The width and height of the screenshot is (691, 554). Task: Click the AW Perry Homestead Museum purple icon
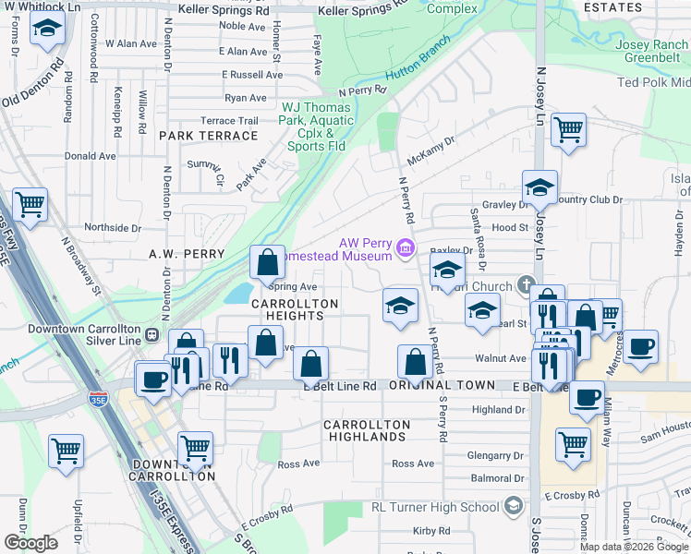tap(405, 247)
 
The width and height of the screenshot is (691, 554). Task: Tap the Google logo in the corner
tap(30, 543)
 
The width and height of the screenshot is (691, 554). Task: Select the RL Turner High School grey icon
tap(514, 506)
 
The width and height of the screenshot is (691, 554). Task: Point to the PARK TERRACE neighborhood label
tap(208, 136)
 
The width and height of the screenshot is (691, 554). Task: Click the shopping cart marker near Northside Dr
tap(30, 205)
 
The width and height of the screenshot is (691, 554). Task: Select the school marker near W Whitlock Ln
tap(46, 30)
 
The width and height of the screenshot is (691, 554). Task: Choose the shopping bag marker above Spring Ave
tap(267, 262)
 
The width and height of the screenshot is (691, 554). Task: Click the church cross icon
tap(526, 284)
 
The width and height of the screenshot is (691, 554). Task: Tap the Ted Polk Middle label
tap(654, 82)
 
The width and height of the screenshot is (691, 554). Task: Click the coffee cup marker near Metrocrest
tap(640, 346)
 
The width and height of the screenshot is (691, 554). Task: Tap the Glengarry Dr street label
tap(495, 455)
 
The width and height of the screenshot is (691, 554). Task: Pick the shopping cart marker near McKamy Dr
tap(568, 129)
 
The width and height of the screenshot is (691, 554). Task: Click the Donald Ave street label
tap(90, 156)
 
